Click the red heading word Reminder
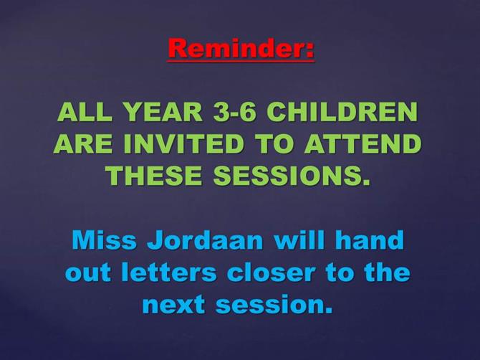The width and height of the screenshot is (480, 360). pyautogui.click(x=236, y=48)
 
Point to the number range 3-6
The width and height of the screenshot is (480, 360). pyautogui.click(x=234, y=112)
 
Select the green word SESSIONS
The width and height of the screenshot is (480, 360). pyautogui.click(x=292, y=176)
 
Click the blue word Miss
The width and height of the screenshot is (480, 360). pyautogui.click(x=105, y=240)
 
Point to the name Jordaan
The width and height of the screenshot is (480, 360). pyautogui.click(x=205, y=240)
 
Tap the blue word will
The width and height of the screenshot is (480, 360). pyautogui.click(x=299, y=240)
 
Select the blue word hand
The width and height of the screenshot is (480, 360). pyautogui.click(x=370, y=240)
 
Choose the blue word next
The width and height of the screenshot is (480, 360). pyautogui.click(x=173, y=305)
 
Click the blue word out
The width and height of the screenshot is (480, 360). pyautogui.click(x=88, y=273)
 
